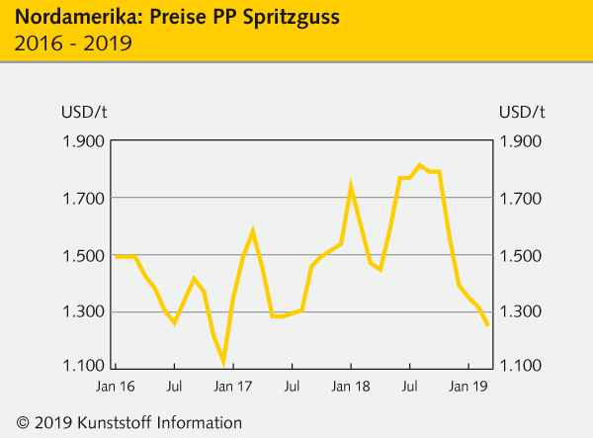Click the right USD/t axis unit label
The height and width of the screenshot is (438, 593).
point(522,110)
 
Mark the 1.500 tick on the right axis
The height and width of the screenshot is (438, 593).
point(522,256)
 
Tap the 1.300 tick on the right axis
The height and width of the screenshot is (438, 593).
point(522,312)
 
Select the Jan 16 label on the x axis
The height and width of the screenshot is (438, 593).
point(116,387)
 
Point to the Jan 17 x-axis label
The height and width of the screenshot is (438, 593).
point(233,387)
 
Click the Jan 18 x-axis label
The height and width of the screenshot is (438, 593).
point(351,387)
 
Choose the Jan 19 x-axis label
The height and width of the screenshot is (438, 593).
point(467,387)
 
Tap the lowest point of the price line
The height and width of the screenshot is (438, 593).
point(223,362)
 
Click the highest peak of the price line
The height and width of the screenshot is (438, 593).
point(419,165)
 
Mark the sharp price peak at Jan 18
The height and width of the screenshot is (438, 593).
point(351,185)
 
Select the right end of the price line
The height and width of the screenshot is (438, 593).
point(487,325)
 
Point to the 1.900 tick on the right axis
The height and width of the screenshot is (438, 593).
point(522,141)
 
